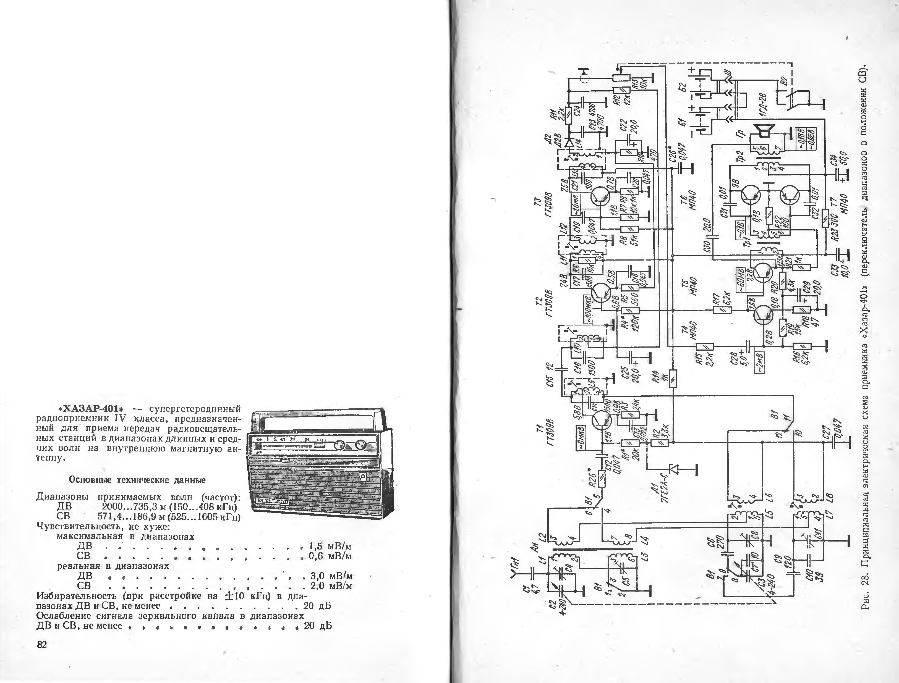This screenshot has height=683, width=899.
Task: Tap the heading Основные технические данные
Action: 137,480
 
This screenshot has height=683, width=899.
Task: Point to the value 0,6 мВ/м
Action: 330,555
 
